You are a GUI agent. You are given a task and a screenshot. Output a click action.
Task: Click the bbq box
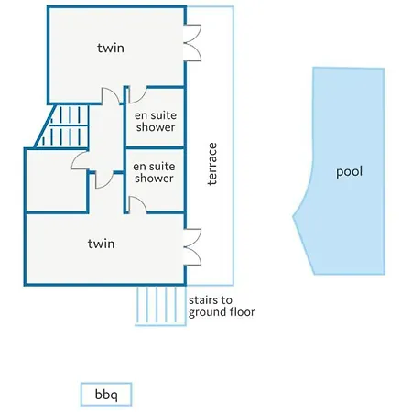point(106,394)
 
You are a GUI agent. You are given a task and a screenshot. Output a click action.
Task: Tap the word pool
point(349,172)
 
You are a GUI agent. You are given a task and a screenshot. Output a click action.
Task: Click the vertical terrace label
point(212,164)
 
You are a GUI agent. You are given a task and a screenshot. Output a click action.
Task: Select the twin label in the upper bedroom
point(111,48)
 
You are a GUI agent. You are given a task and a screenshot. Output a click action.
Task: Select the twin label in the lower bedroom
point(101,244)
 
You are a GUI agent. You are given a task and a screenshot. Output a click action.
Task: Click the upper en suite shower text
point(156,121)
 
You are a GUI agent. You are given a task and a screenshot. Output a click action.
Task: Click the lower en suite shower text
point(154,172)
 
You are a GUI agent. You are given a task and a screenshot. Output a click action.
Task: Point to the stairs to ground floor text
point(222,306)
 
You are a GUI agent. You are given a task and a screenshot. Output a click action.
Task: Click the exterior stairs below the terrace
point(160,306)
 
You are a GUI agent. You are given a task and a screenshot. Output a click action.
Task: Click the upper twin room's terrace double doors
point(192,43)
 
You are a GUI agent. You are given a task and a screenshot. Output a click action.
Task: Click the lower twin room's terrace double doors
point(192,247)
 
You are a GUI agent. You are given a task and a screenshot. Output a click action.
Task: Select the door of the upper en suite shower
point(137,94)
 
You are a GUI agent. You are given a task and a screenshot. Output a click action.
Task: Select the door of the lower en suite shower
point(137,204)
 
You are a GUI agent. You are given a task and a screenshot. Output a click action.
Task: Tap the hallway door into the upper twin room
point(111,96)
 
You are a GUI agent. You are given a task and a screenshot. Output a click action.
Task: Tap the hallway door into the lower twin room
point(104,180)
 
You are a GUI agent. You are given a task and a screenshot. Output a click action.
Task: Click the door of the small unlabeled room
point(80,160)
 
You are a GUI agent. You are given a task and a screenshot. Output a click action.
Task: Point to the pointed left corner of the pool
point(293,217)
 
